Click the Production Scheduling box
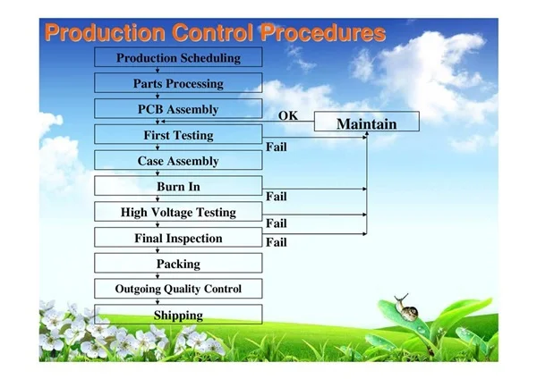click(x=178, y=57)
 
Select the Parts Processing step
click(x=178, y=83)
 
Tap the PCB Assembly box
click(x=178, y=109)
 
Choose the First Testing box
click(x=178, y=134)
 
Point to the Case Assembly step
click(x=178, y=160)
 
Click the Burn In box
click(x=178, y=186)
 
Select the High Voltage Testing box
click(x=178, y=212)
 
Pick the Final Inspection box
click(x=178, y=238)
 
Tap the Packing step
click(x=178, y=263)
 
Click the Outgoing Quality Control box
click(x=178, y=289)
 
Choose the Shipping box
click(x=178, y=315)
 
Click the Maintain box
click(x=367, y=122)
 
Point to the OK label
click(x=288, y=115)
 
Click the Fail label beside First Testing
click(x=277, y=147)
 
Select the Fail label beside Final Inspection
click(x=277, y=242)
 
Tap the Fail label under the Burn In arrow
click(x=277, y=197)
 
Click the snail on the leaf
click(x=406, y=308)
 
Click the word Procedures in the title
click(x=322, y=33)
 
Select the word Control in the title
click(x=212, y=33)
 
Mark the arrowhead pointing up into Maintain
click(x=367, y=133)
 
